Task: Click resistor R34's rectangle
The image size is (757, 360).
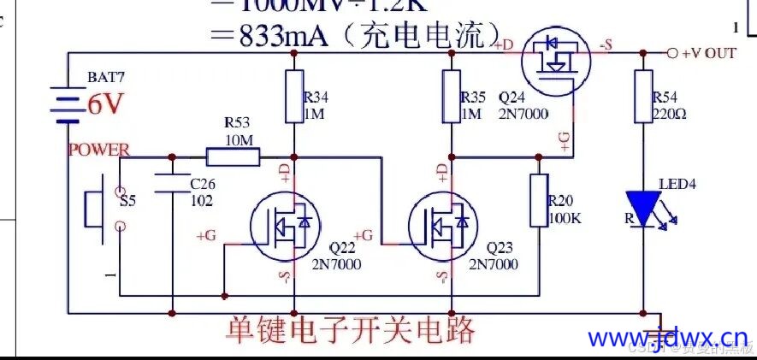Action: pos(294,97)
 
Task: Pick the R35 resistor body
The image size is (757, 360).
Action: pos(452,97)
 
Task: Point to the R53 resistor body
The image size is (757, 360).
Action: pos(233,156)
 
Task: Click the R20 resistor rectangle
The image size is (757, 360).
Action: pos(539,200)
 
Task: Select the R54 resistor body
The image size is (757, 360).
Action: pos(642,97)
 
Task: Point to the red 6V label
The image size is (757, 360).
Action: pos(106,104)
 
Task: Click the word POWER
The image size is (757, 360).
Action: pos(98,150)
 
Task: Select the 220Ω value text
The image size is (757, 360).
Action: pos(668,111)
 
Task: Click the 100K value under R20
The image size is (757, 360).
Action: pos(565,218)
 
